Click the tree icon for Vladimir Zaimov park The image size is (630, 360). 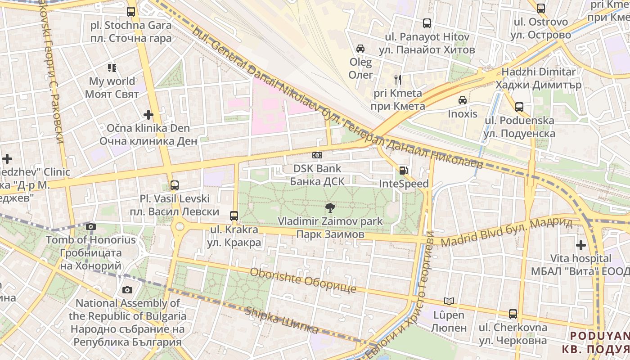pyautogui.click(x=330, y=207)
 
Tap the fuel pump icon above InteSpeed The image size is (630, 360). pyautogui.click(x=403, y=171)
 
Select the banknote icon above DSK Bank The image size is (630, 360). pyautogui.click(x=317, y=155)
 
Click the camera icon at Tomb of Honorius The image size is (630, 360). pyautogui.click(x=91, y=226)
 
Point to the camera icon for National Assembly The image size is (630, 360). pyautogui.click(x=127, y=290)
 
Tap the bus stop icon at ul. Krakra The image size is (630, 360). pyautogui.click(x=234, y=216)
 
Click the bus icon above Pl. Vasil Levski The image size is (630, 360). pyautogui.click(x=174, y=185)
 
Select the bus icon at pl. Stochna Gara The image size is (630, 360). pyautogui.click(x=131, y=12)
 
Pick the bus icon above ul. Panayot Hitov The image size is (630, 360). pyautogui.click(x=427, y=23)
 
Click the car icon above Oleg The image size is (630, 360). pyautogui.click(x=360, y=49)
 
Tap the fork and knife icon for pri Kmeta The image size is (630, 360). pyautogui.click(x=397, y=80)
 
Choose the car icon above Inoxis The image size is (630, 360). pyautogui.click(x=462, y=100)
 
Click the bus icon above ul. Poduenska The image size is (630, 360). pyautogui.click(x=519, y=107)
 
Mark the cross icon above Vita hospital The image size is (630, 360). pyautogui.click(x=581, y=245)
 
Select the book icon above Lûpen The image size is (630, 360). pyautogui.click(x=449, y=301)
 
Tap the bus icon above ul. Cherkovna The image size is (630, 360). pyautogui.click(x=513, y=314)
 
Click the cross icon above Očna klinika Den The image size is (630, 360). pyautogui.click(x=148, y=115)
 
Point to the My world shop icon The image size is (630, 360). pyautogui.click(x=112, y=68)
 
